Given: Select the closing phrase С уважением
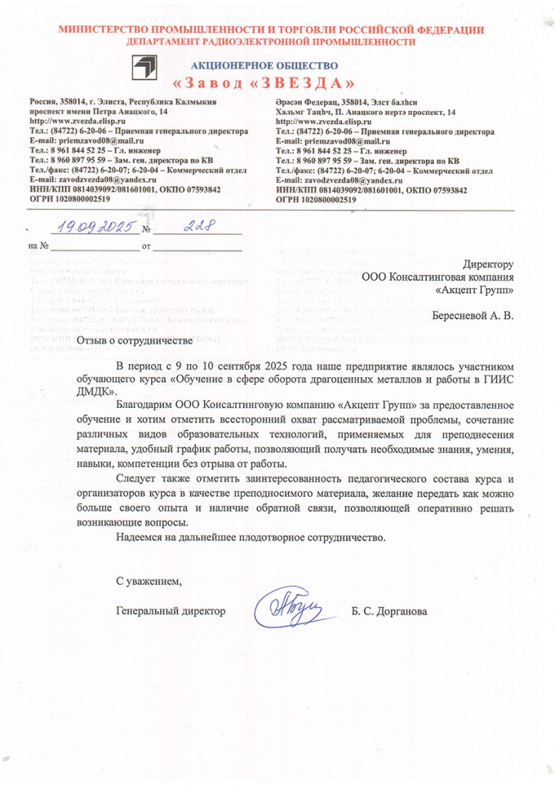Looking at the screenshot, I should [150, 579].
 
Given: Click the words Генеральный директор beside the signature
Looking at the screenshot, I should [171, 611].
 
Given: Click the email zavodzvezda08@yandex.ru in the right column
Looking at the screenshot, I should [335, 179].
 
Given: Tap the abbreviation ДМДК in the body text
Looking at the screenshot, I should [94, 390].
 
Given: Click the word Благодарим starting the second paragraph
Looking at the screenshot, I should [143, 403].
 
